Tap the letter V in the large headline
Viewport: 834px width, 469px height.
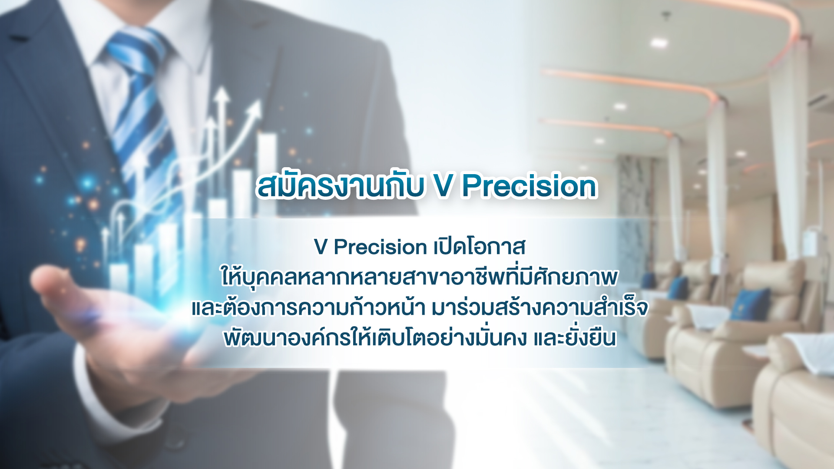[443, 186]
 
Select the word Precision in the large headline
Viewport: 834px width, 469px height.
[530, 186]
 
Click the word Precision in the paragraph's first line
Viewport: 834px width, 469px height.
[380, 247]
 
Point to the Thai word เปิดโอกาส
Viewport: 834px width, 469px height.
[480, 246]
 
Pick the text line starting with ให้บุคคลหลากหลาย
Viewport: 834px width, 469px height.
[419, 277]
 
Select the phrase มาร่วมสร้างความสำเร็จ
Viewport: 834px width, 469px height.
[540, 307]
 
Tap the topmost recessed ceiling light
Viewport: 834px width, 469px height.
[659, 42]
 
